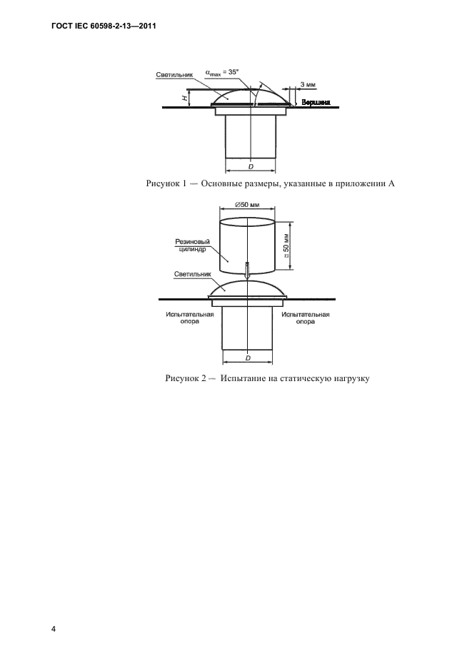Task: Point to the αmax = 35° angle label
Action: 221,71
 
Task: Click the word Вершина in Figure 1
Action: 316,103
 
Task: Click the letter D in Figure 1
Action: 251,167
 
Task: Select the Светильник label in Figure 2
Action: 192,273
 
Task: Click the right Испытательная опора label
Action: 305,318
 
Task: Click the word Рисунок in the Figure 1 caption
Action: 165,184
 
